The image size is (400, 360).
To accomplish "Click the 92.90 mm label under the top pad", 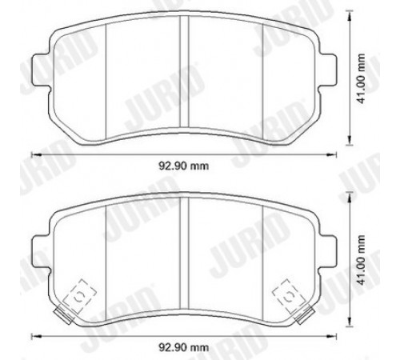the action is coord(184,166).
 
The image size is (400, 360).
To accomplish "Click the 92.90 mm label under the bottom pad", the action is coord(184,347).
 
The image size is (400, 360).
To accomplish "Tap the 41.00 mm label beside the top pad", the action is coord(361,78).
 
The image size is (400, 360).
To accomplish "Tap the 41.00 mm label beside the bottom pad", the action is coord(361,260).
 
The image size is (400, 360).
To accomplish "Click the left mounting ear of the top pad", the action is coord(42,70).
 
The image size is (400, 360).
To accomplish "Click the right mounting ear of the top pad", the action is coord(327,70).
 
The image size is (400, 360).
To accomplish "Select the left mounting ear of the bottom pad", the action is coord(42,251).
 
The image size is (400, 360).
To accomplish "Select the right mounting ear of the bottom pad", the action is coord(327,251).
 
